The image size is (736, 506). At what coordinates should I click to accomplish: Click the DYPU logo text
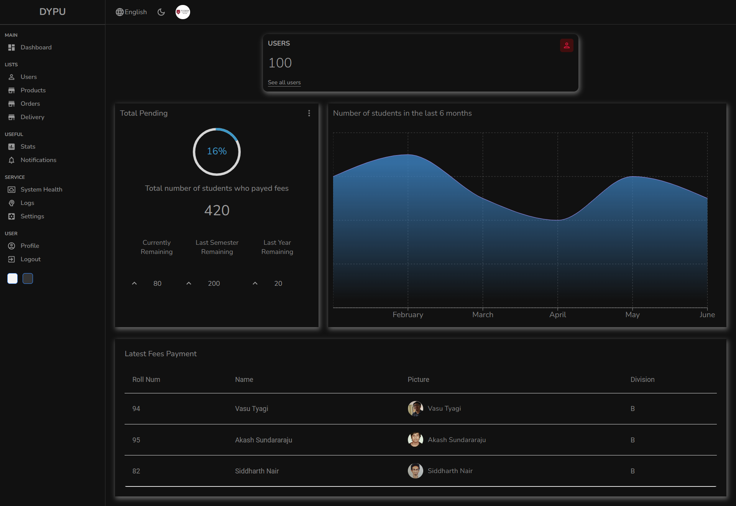click(x=53, y=12)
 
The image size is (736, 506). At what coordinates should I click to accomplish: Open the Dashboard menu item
click(x=36, y=47)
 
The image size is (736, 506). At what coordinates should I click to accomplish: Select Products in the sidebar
click(x=33, y=90)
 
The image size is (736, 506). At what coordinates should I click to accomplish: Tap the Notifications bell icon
click(x=11, y=160)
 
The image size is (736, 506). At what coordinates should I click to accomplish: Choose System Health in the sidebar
click(x=41, y=190)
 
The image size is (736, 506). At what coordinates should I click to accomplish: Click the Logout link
click(x=30, y=259)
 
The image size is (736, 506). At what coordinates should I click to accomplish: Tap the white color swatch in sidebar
click(x=13, y=278)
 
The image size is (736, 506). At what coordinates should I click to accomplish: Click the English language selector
click(x=131, y=12)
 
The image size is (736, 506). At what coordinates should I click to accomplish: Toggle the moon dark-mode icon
click(x=161, y=12)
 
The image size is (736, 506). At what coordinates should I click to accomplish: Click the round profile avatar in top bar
click(x=183, y=12)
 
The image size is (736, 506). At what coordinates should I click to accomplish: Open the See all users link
click(x=284, y=82)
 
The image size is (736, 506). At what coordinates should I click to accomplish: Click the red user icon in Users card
click(x=567, y=46)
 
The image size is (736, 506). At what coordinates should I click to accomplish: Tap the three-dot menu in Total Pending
click(x=309, y=113)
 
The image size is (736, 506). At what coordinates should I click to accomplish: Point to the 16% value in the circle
click(x=217, y=151)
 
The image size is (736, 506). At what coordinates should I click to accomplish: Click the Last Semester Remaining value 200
click(x=214, y=283)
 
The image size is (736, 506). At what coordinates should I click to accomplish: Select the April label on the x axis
click(x=558, y=315)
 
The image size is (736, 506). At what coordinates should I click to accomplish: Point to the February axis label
click(x=408, y=315)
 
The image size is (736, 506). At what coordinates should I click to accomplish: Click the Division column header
click(x=642, y=380)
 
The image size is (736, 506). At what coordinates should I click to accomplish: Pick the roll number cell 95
click(x=136, y=440)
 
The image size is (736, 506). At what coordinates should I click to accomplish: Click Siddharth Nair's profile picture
click(x=416, y=471)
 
